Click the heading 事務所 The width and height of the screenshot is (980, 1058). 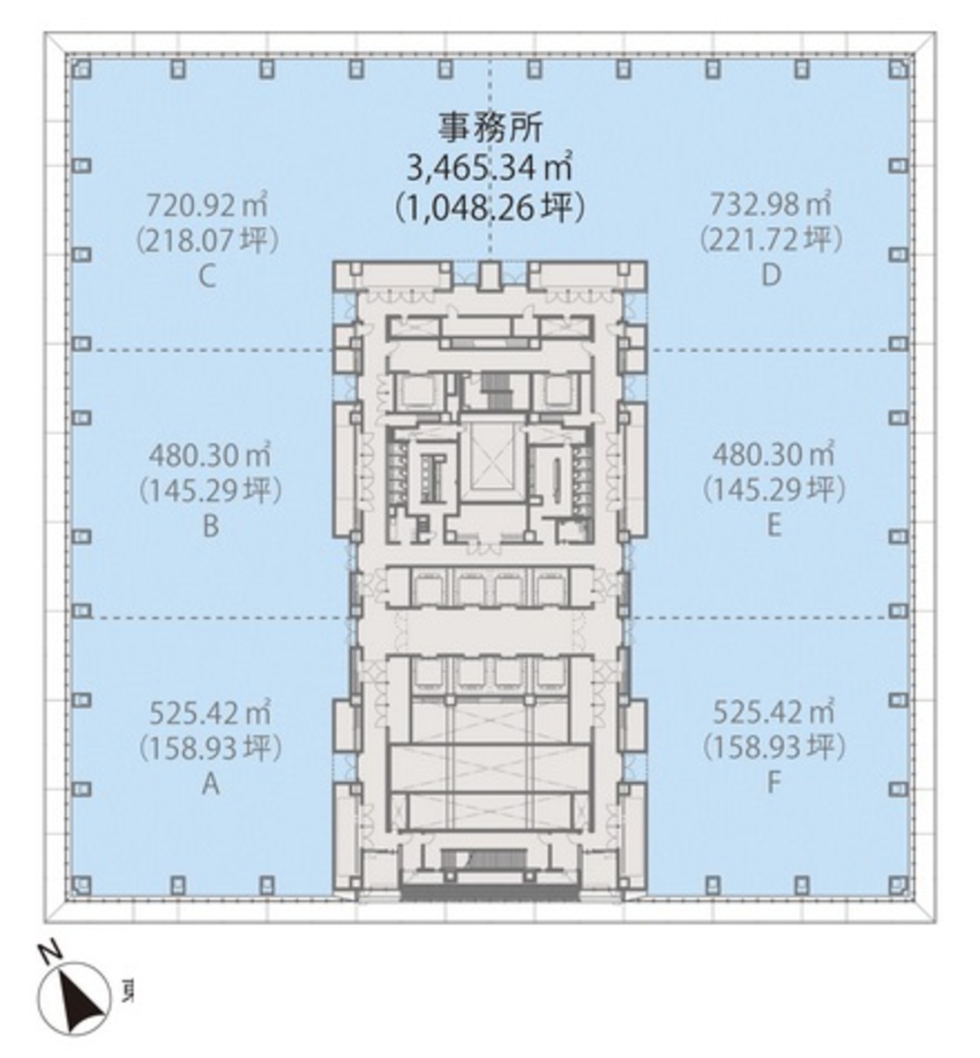[x=490, y=128]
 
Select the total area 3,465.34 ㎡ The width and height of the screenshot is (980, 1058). [x=490, y=168]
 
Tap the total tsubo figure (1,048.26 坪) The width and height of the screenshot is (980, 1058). [x=490, y=208]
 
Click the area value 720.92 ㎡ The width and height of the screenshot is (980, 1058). [x=208, y=203]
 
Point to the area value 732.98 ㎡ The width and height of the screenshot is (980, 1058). [x=771, y=203]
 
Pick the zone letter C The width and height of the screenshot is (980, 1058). [x=208, y=276]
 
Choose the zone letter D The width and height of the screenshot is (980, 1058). [x=771, y=275]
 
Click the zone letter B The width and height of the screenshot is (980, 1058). [x=211, y=526]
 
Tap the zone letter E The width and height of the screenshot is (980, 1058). [x=774, y=525]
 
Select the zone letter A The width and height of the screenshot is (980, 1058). [x=211, y=784]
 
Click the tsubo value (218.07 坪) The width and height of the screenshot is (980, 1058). [x=208, y=239]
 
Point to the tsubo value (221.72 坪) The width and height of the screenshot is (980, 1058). [x=771, y=239]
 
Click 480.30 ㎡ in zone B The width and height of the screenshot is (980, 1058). [x=210, y=455]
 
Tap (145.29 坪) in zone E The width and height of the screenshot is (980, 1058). [x=774, y=490]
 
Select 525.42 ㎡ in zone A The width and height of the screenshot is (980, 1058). [x=211, y=712]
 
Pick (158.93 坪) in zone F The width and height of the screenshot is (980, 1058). [x=774, y=747]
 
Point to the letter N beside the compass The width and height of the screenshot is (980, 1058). [x=50, y=953]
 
